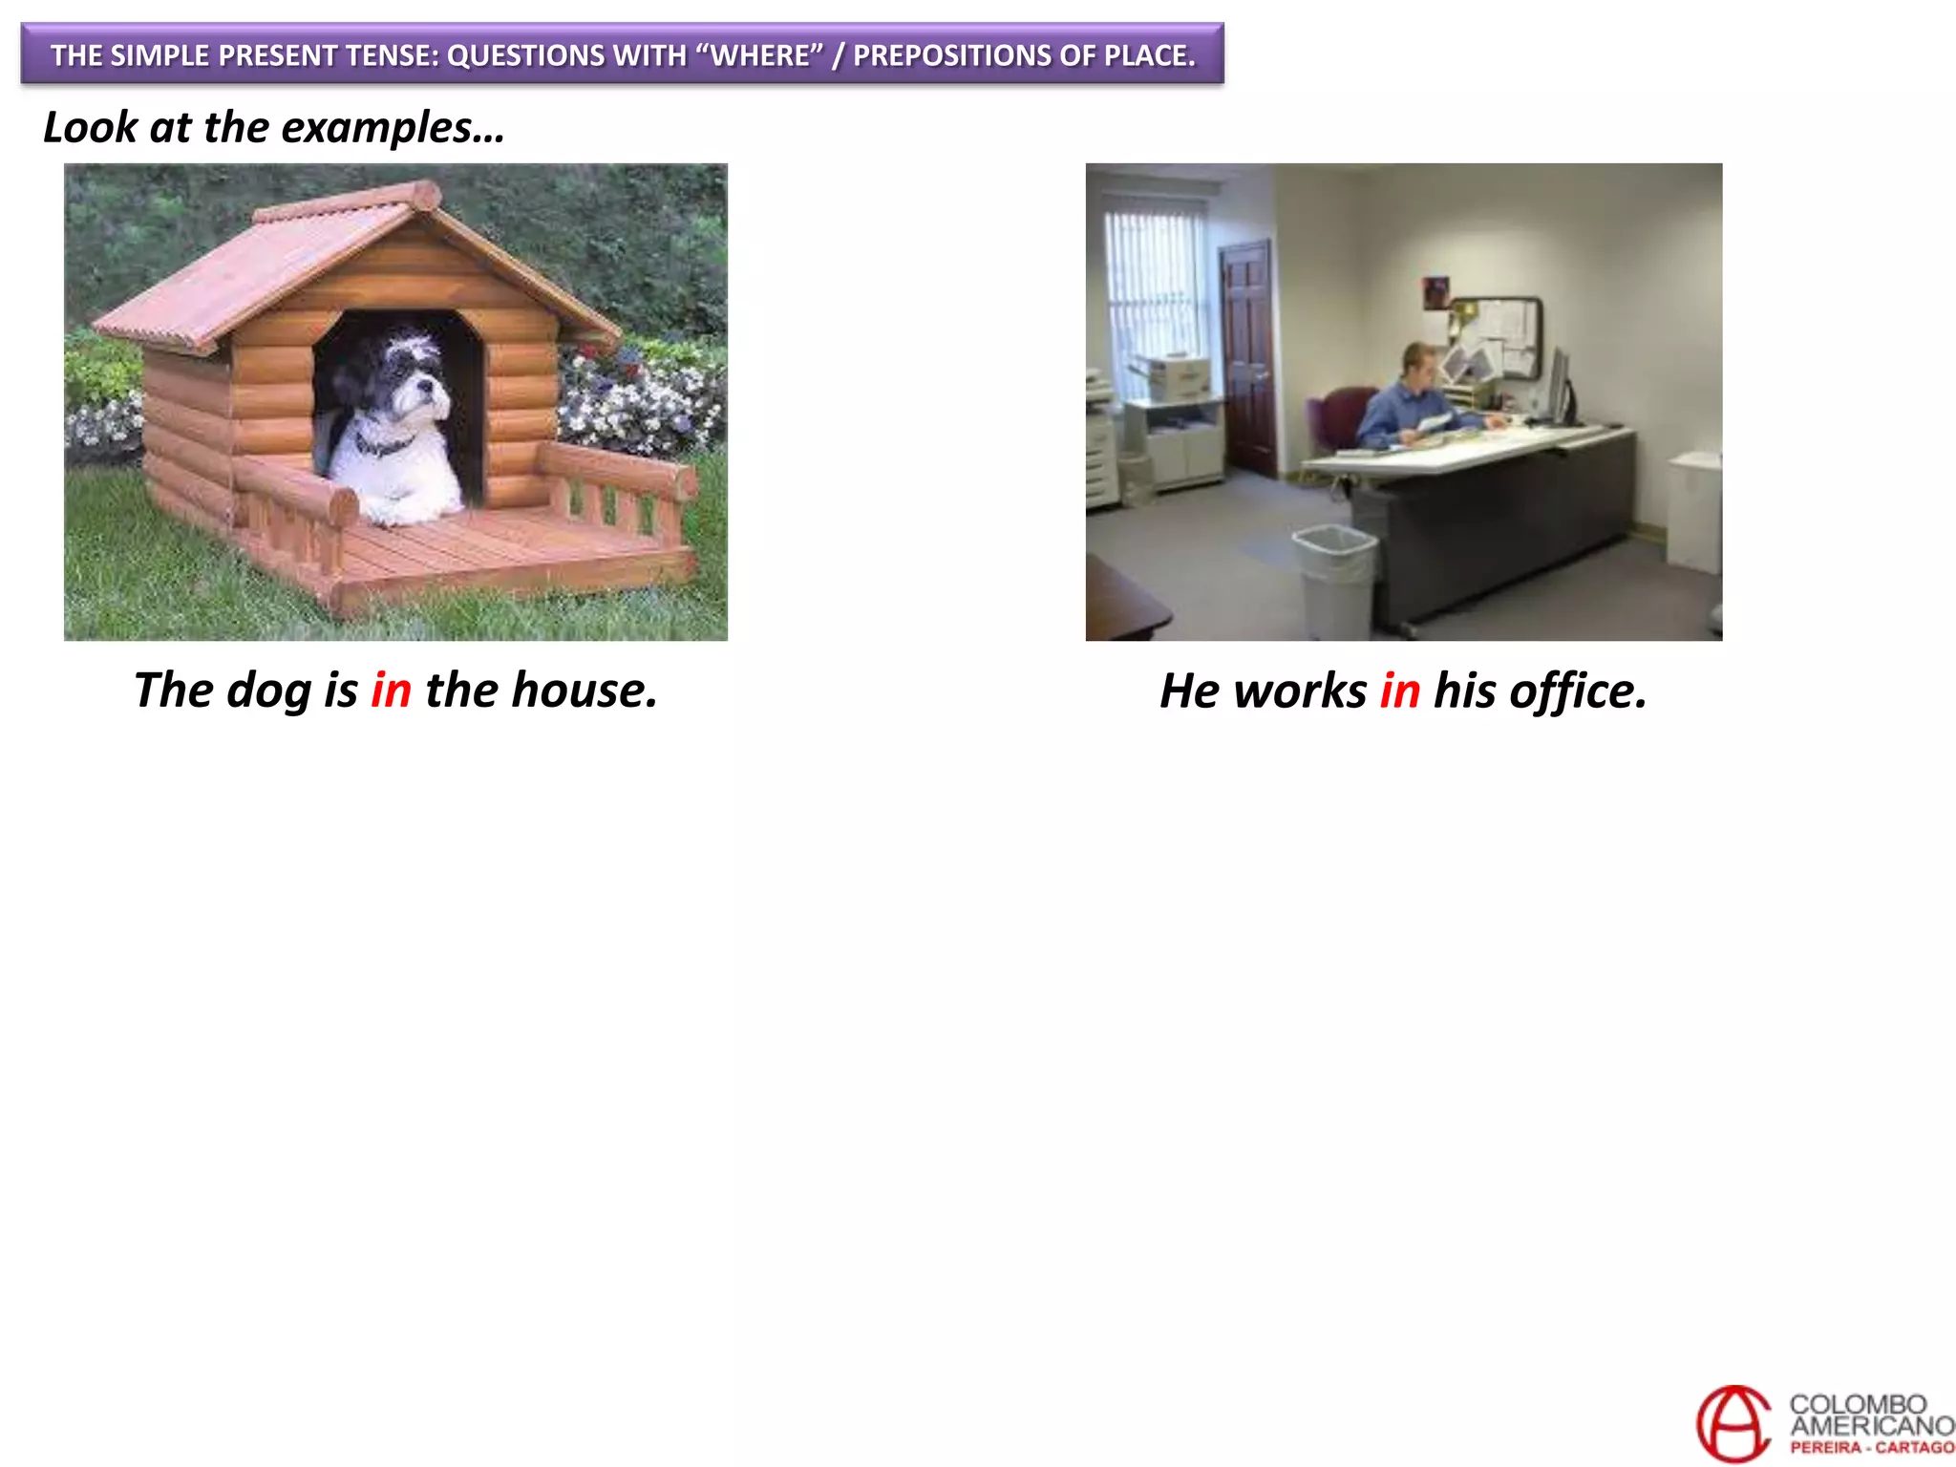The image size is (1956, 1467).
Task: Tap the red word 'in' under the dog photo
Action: pos(391,690)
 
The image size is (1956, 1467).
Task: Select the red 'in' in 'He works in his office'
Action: pos(1399,691)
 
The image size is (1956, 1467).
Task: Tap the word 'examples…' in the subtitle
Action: pos(393,127)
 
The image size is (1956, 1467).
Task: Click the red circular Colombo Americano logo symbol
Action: pos(1733,1423)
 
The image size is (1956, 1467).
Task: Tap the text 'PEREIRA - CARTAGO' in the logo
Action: pos(1872,1448)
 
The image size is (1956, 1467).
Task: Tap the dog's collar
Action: pos(382,444)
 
